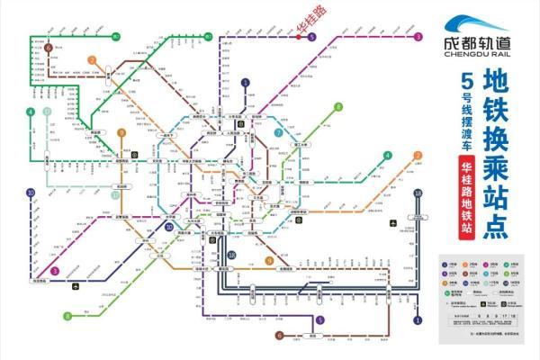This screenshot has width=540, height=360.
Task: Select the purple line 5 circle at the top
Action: [310, 37]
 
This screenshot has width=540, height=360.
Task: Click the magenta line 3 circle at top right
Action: [418, 37]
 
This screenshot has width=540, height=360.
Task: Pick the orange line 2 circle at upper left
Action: [91, 60]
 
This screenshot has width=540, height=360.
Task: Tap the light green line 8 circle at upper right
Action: [338, 107]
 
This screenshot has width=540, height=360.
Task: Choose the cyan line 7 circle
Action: [280, 132]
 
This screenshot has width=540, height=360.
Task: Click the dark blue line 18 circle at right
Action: [418, 193]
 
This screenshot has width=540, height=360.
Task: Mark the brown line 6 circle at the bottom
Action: [280, 336]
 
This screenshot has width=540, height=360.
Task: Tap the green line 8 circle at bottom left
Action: [67, 316]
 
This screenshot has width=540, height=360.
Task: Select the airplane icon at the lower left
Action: [76, 288]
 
